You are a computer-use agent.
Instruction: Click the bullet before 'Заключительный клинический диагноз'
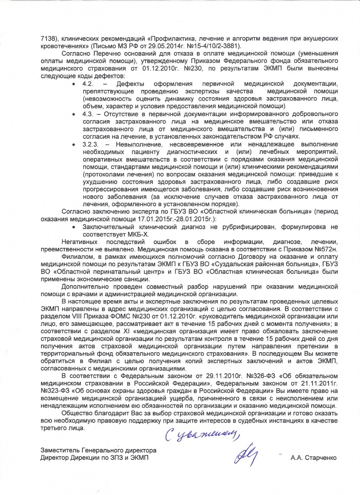click(x=73, y=227)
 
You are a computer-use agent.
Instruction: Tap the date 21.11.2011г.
click(x=275, y=383)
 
